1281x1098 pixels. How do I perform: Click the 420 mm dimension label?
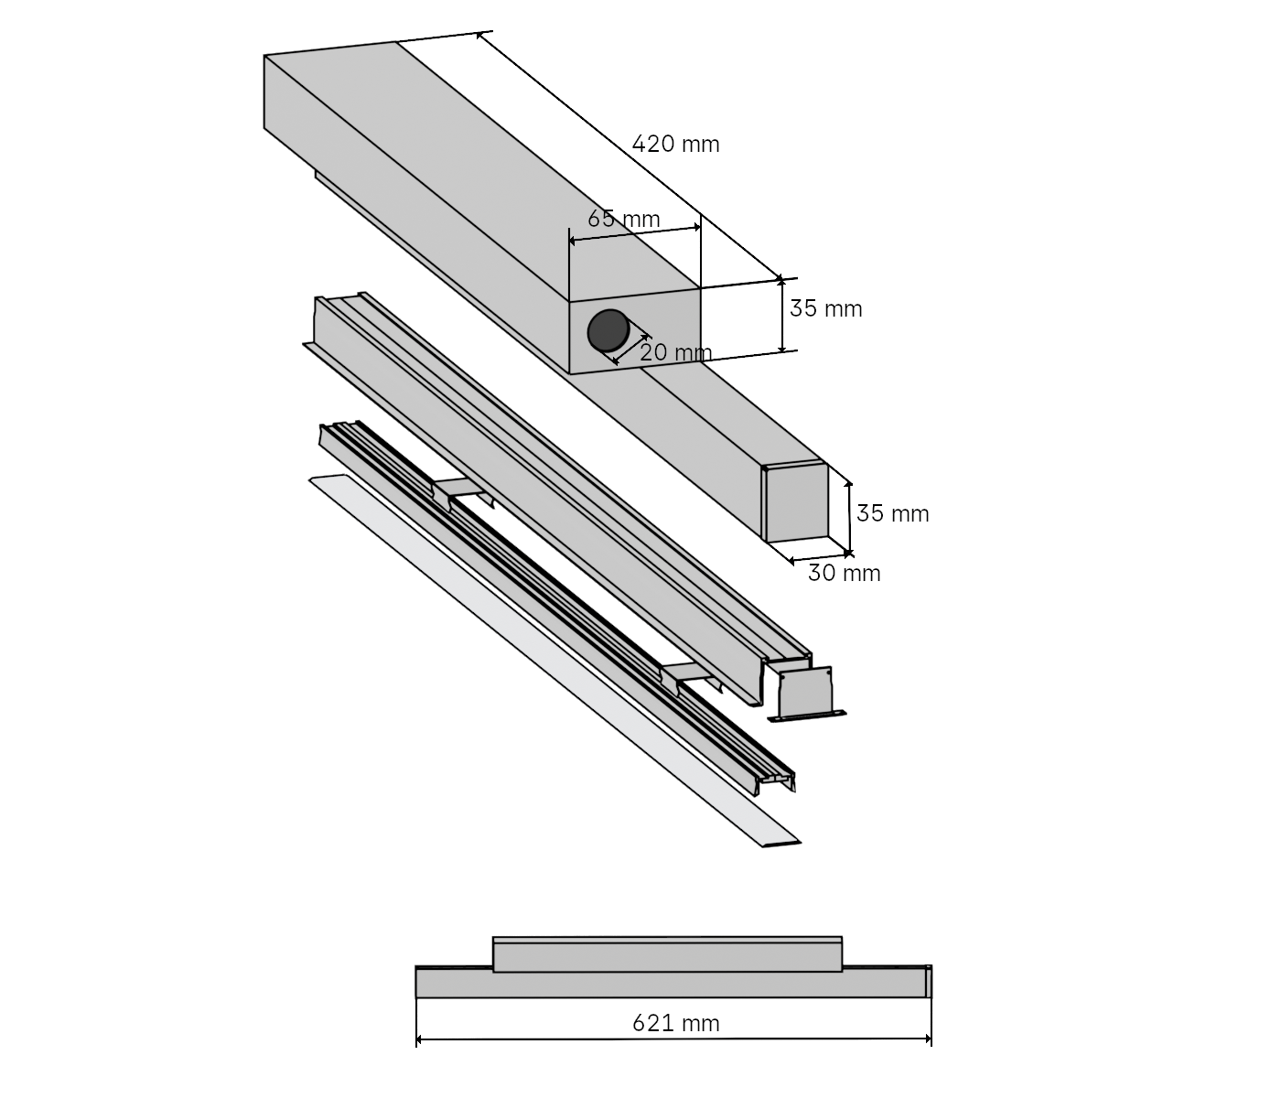(x=676, y=144)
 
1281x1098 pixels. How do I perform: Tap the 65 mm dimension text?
(x=624, y=220)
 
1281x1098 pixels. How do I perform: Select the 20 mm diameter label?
(x=675, y=351)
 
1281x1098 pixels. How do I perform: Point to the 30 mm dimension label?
(x=845, y=574)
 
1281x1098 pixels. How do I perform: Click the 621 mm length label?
(x=676, y=1023)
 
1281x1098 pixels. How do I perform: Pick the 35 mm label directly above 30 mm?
(x=893, y=513)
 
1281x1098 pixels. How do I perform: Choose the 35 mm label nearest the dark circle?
(x=826, y=308)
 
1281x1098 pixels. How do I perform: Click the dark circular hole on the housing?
(x=606, y=330)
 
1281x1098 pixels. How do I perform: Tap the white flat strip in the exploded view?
(x=549, y=659)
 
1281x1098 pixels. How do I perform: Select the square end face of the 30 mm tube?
(x=796, y=504)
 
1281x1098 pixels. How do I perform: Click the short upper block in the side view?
(x=667, y=954)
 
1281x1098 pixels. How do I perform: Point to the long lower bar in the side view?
(x=673, y=984)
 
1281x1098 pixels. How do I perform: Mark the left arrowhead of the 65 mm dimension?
(x=571, y=241)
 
